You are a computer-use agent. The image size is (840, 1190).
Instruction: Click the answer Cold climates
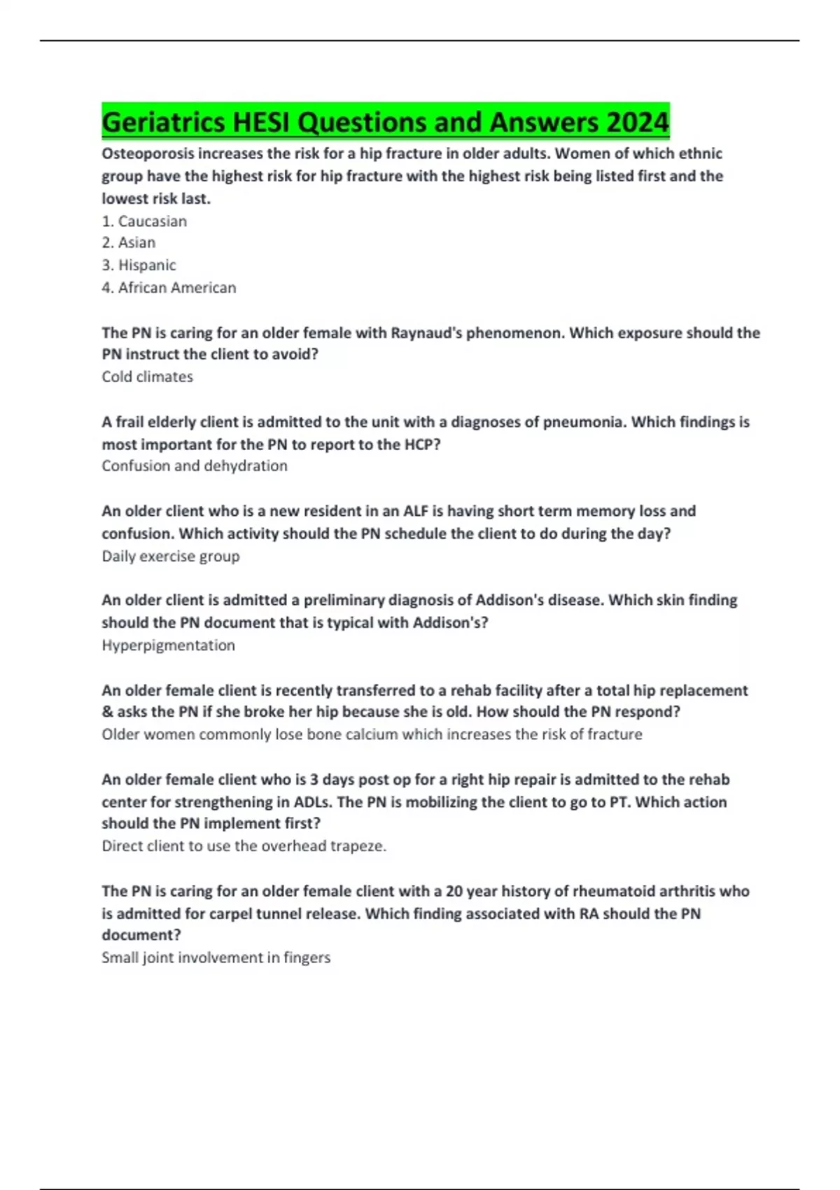pos(147,377)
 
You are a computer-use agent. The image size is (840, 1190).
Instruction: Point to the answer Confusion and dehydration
pos(195,465)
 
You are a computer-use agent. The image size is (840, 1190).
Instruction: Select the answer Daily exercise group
pos(171,556)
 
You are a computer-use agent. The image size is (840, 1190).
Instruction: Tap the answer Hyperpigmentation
pos(168,645)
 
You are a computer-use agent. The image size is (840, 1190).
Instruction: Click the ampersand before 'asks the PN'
pos(107,712)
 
